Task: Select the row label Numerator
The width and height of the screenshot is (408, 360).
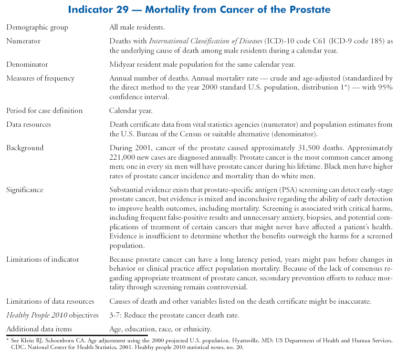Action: (23, 41)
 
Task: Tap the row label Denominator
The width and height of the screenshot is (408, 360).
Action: (27, 64)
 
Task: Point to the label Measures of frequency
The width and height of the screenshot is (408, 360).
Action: (41, 78)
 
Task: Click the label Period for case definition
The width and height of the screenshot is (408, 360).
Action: (44, 111)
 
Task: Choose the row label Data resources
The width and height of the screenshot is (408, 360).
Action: (29, 124)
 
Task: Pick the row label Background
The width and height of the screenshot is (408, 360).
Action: (25, 148)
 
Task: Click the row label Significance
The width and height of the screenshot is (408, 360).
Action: (25, 190)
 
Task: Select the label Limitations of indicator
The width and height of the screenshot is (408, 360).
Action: (42, 259)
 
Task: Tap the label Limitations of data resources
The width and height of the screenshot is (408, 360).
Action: (50, 301)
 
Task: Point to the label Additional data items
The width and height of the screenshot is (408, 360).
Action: (39, 329)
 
